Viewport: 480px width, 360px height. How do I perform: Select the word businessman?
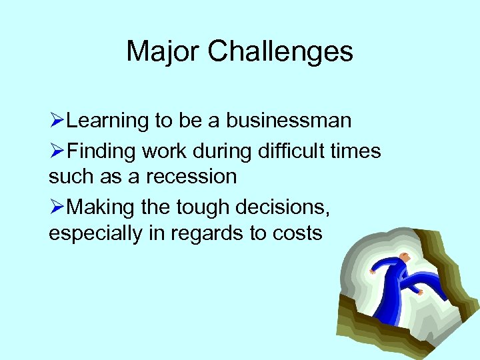point(288,121)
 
